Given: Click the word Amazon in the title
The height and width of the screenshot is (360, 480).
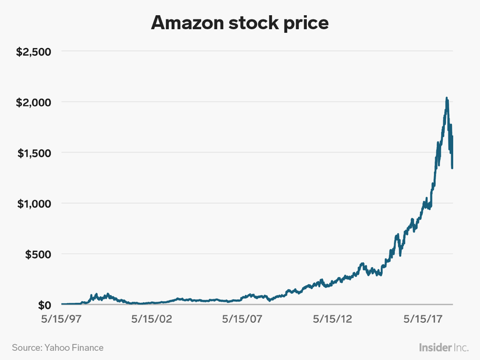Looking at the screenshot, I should (188, 22).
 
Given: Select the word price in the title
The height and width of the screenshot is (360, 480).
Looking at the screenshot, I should (306, 22).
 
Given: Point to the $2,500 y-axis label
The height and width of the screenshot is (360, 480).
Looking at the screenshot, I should (33, 51).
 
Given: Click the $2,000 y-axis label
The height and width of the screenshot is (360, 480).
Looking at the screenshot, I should (33, 102).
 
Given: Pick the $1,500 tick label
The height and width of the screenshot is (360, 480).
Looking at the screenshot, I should (33, 152).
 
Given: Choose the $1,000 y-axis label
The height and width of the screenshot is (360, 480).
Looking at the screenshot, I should (33, 203).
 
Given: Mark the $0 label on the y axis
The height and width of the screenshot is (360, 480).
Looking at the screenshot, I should (44, 305).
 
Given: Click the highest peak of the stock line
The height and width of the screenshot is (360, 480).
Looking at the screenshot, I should (447, 98).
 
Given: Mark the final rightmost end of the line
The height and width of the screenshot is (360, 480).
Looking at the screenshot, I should (453, 168).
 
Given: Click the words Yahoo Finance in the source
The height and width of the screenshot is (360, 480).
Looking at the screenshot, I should (74, 348).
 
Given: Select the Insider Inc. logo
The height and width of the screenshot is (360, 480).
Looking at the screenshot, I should (444, 347).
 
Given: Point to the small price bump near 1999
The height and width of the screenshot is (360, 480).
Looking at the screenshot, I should (95, 294).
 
